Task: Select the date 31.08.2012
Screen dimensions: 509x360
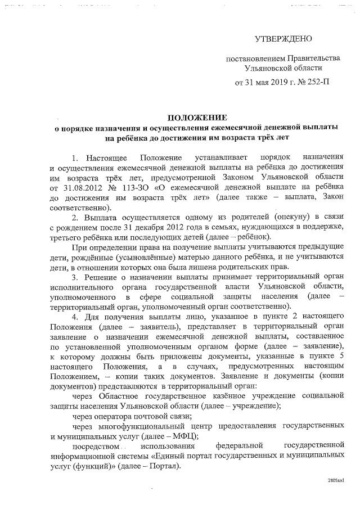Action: click(x=79, y=186)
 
